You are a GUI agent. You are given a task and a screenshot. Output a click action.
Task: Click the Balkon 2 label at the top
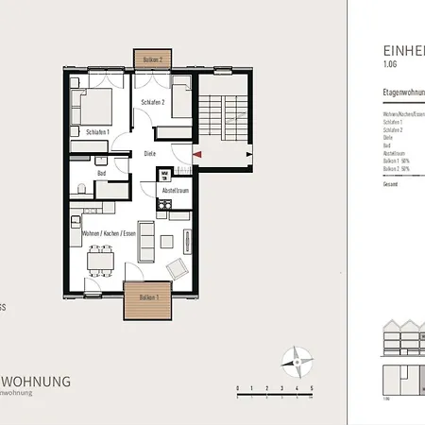tap(153, 59)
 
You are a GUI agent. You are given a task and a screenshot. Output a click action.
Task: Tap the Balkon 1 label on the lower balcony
tap(148, 297)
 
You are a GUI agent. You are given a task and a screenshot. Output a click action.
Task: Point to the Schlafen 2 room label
tap(153, 101)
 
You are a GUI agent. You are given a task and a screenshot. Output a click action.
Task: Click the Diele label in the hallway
tap(149, 153)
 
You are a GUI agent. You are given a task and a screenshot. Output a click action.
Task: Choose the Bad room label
tap(101, 173)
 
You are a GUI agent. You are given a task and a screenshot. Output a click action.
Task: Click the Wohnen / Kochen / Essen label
tap(110, 231)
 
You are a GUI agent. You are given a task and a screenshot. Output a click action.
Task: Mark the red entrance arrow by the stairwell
tap(196, 153)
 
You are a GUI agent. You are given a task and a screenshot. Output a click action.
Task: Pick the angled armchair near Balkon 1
tap(177, 268)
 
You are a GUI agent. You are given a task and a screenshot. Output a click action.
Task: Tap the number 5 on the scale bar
tap(312, 388)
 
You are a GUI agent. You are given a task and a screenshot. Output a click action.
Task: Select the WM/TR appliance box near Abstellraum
tap(164, 174)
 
